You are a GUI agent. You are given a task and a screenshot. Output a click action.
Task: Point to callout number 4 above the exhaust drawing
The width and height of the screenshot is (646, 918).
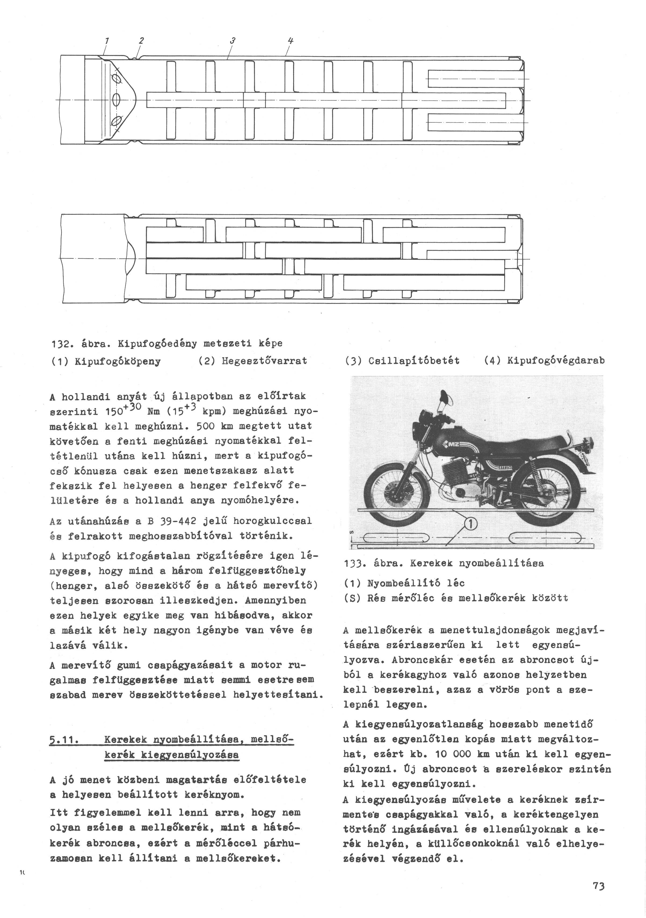click(291, 41)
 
